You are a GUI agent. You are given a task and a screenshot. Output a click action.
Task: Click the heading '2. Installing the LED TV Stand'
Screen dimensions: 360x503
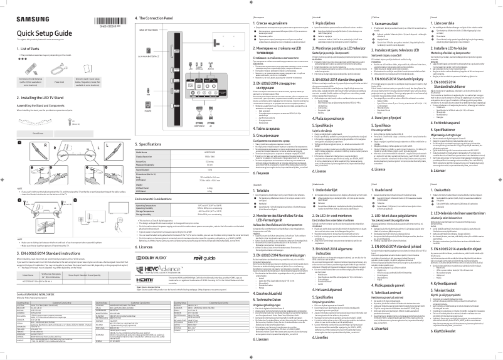(44, 98)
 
